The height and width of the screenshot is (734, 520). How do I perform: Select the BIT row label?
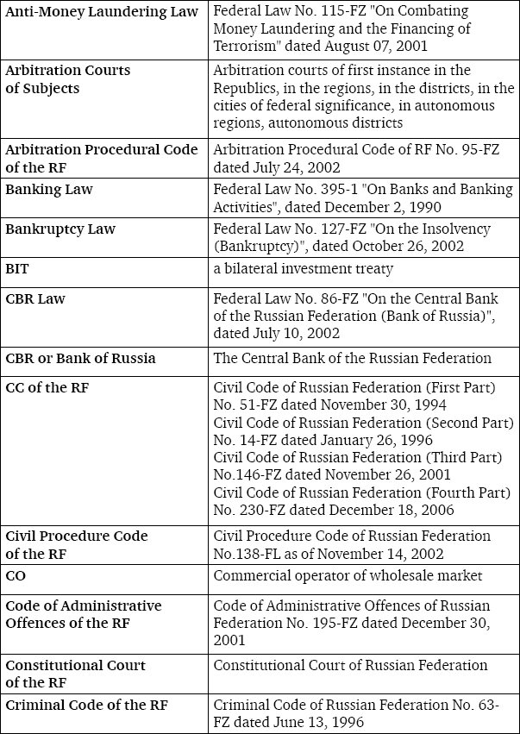tap(17, 269)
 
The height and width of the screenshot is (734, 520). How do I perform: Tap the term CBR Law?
tap(35, 299)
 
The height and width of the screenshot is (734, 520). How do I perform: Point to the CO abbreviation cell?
tap(16, 575)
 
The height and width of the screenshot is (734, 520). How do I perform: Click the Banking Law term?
tap(49, 189)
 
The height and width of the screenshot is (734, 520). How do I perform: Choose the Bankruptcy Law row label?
tap(60, 229)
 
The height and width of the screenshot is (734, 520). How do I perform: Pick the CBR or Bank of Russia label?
tap(81, 358)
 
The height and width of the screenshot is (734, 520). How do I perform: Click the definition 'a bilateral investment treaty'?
tap(303, 269)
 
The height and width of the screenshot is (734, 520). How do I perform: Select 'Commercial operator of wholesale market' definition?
tap(348, 575)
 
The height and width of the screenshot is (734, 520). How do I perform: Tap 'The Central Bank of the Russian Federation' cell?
tap(352, 358)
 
